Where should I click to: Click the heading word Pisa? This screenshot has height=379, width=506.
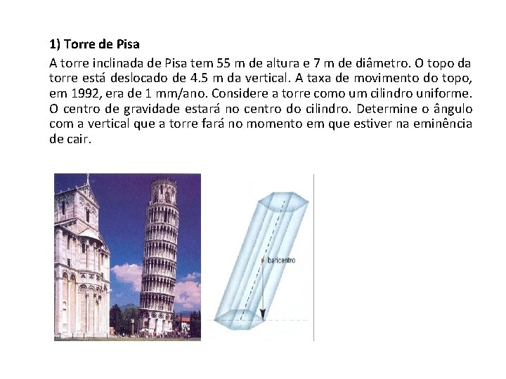pyautogui.click(x=127, y=44)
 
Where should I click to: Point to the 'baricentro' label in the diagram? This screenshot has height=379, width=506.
pyautogui.click(x=281, y=260)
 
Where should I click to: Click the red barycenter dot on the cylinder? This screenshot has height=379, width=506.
pyautogui.click(x=264, y=260)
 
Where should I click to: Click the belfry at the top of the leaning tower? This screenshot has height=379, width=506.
pyautogui.click(x=164, y=192)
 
